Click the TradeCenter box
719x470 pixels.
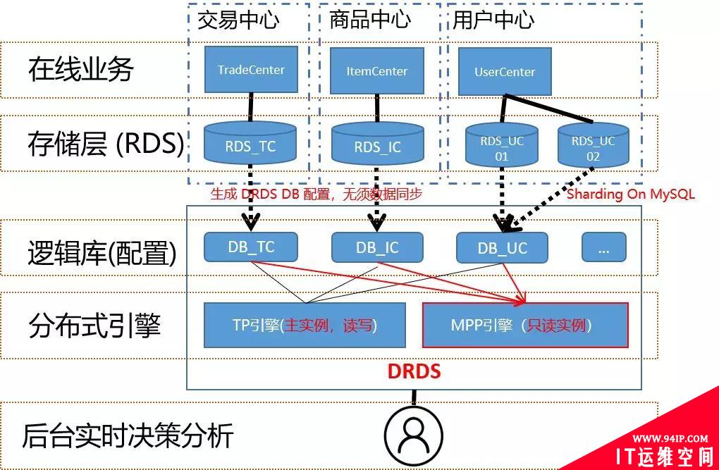click(251, 70)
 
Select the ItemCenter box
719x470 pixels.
click(377, 71)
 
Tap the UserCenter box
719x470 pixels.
click(505, 72)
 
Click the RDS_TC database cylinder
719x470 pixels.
click(251, 146)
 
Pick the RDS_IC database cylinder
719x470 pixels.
click(377, 147)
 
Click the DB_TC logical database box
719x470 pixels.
click(251, 247)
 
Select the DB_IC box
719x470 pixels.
click(377, 247)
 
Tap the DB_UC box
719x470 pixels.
click(502, 248)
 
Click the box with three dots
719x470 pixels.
click(604, 247)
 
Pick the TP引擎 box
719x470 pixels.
click(305, 326)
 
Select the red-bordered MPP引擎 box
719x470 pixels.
click(525, 326)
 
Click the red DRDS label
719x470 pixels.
click(414, 370)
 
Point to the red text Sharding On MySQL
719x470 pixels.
click(631, 194)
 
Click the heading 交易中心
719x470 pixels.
click(238, 19)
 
